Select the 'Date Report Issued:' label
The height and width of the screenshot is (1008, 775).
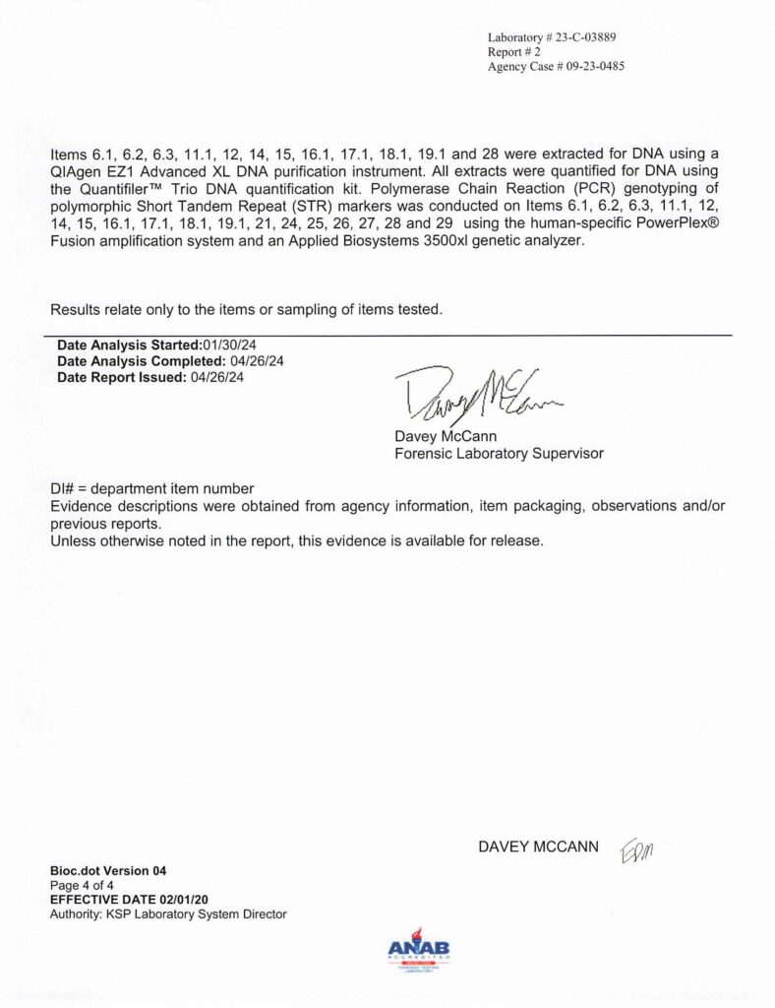coord(119,377)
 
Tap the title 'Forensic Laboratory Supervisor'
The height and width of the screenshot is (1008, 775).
coord(499,454)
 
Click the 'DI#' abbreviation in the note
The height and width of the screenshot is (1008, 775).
coord(63,489)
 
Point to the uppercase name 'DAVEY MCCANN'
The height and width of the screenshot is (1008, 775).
coord(538,847)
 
